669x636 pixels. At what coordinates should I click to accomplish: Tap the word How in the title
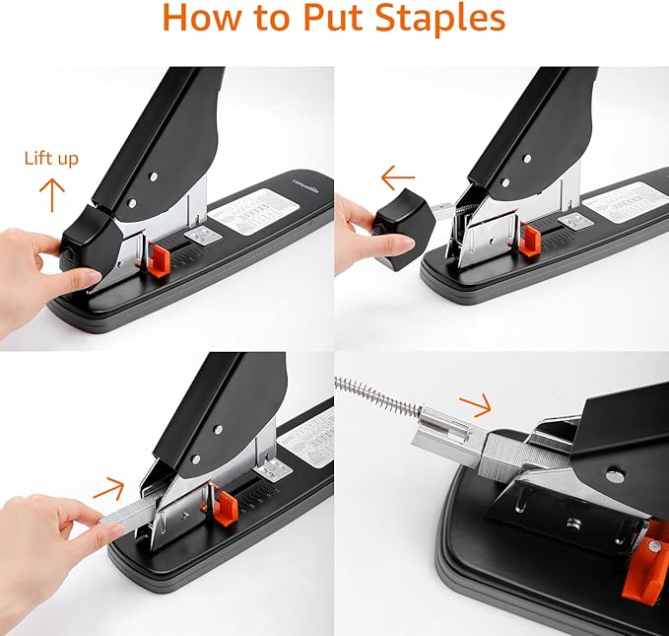pyautogui.click(x=201, y=20)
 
